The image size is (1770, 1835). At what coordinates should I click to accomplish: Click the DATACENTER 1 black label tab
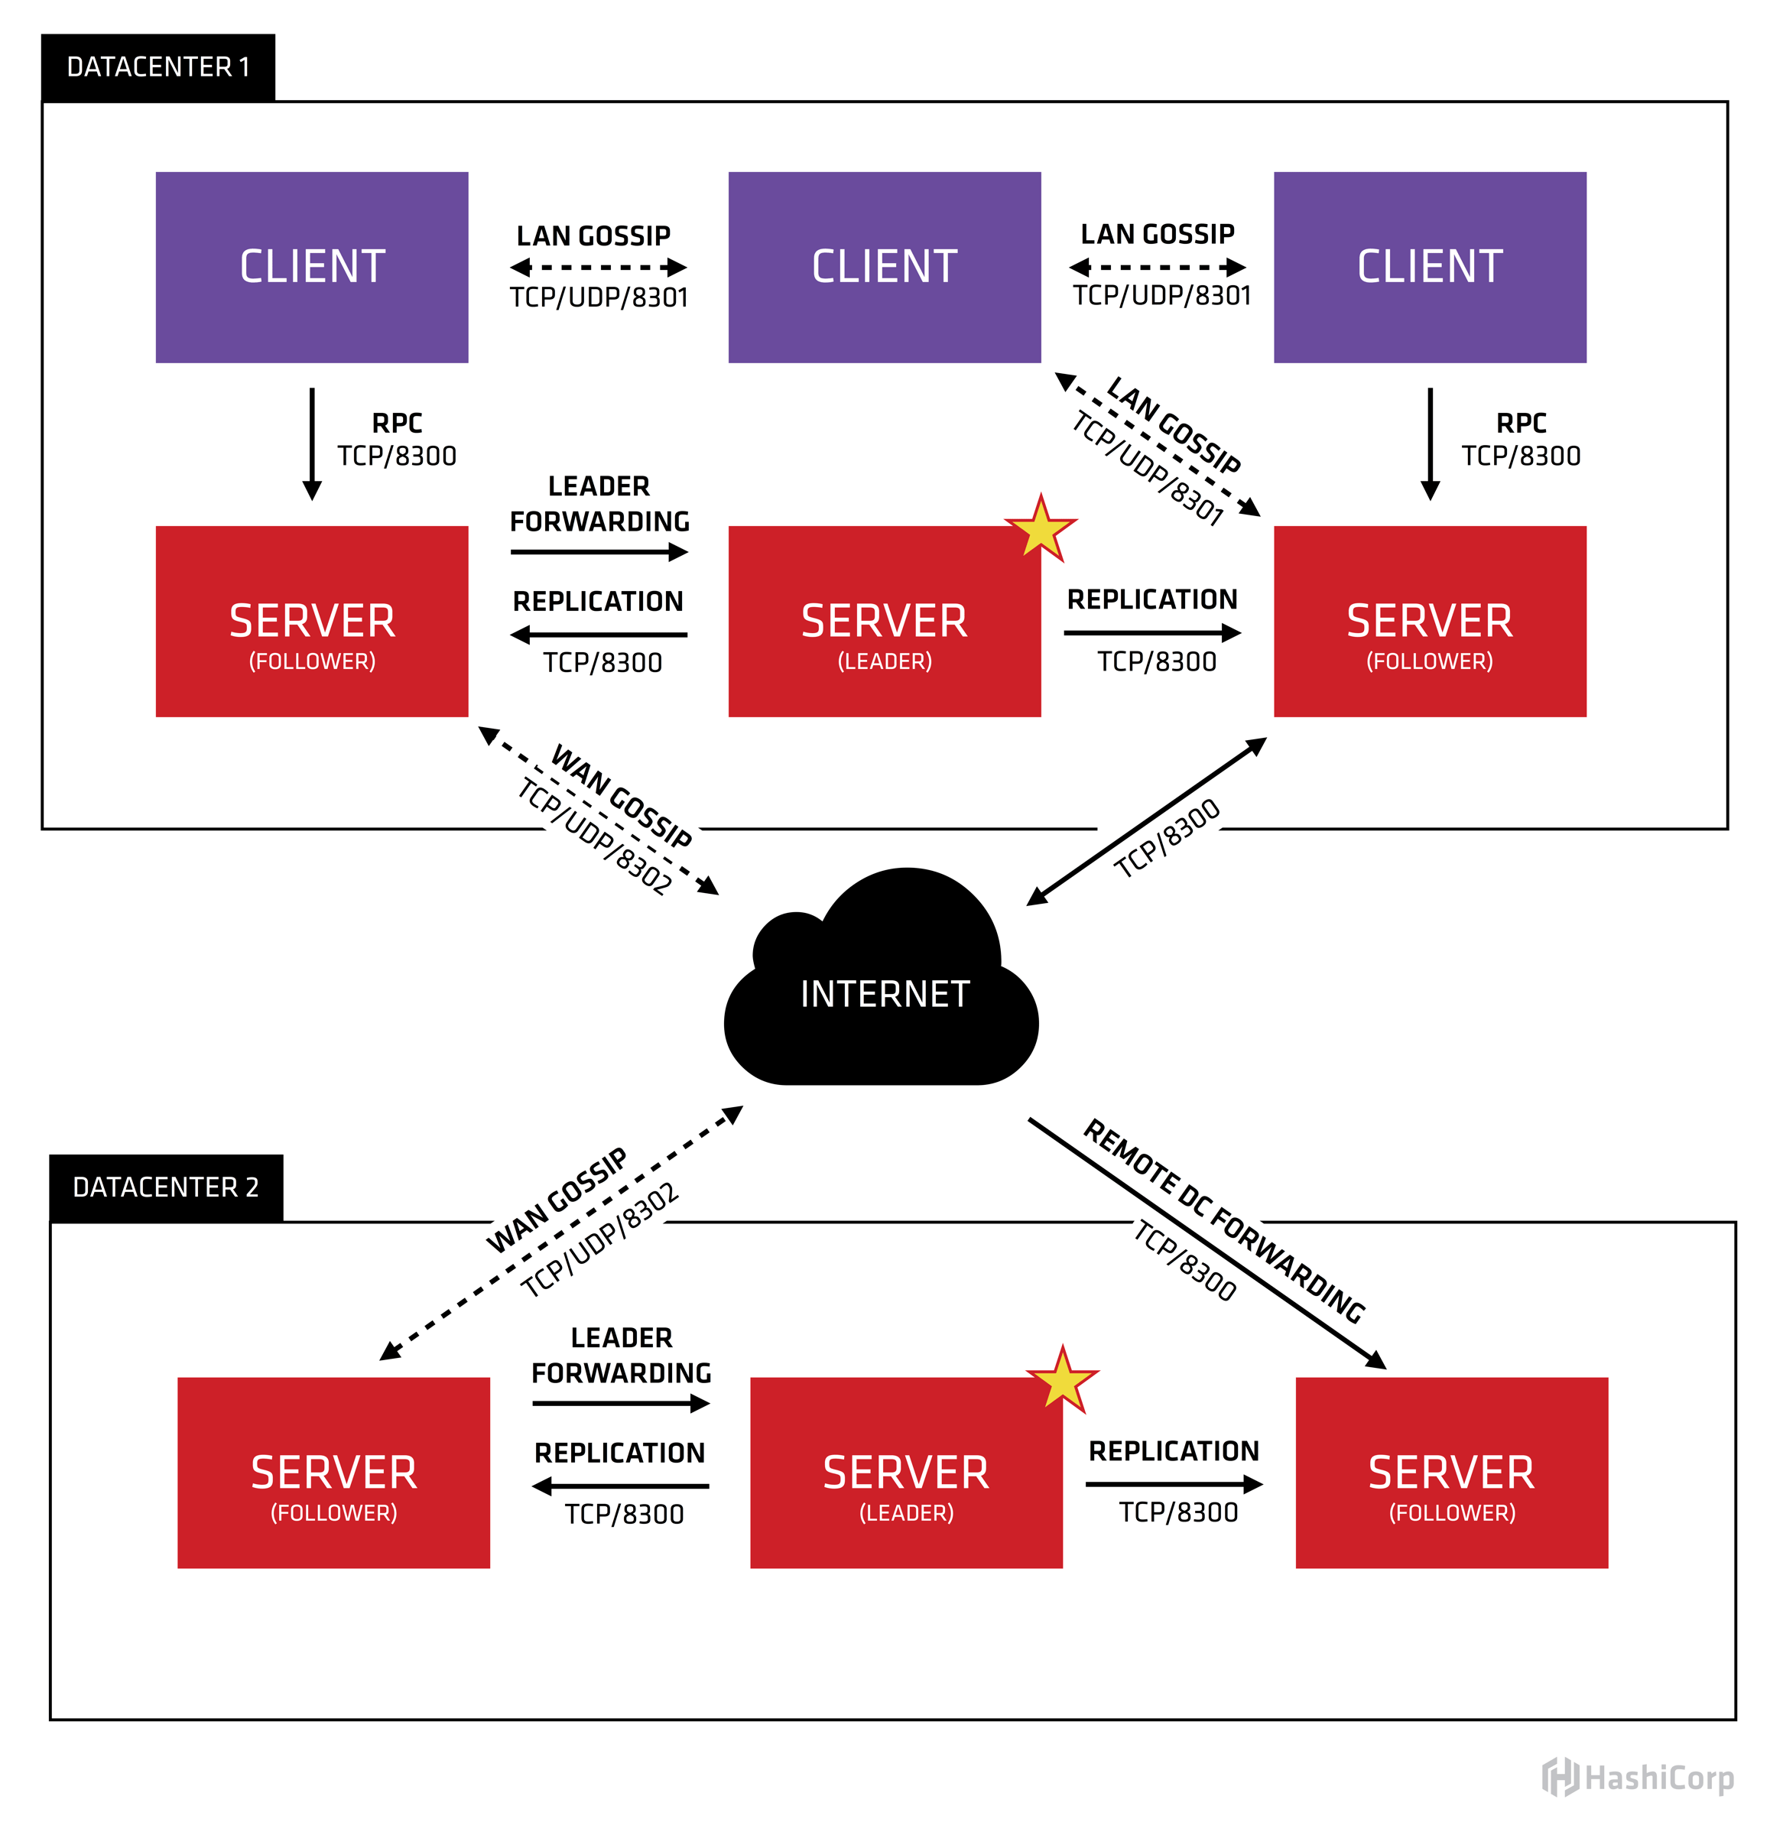point(158,67)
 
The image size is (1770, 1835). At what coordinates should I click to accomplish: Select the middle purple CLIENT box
point(884,267)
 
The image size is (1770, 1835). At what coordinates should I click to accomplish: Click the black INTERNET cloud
point(884,992)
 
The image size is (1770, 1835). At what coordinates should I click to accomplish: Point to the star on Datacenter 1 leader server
point(1040,530)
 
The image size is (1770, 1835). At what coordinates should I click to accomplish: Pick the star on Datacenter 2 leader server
point(1061,1381)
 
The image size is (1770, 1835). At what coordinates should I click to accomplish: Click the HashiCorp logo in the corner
point(1637,1778)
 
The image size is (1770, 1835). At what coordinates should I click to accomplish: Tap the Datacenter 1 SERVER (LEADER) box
point(884,622)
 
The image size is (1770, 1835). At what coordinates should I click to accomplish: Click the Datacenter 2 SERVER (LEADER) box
point(905,1473)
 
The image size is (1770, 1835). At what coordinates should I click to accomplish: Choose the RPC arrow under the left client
point(313,443)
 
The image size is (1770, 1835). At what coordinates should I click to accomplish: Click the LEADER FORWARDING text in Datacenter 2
point(621,1355)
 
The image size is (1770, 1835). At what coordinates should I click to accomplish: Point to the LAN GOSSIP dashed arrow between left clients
point(599,268)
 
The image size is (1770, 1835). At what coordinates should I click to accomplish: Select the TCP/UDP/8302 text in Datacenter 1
point(594,836)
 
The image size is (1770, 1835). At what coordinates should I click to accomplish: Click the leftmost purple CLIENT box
point(312,267)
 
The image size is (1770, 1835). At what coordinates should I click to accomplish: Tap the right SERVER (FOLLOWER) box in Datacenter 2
point(1451,1473)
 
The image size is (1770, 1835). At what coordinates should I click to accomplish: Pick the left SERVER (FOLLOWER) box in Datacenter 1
point(312,622)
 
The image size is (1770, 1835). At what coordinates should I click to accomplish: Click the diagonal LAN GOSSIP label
point(1173,424)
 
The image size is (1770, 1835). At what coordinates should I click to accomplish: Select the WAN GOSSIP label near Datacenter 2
point(556,1200)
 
